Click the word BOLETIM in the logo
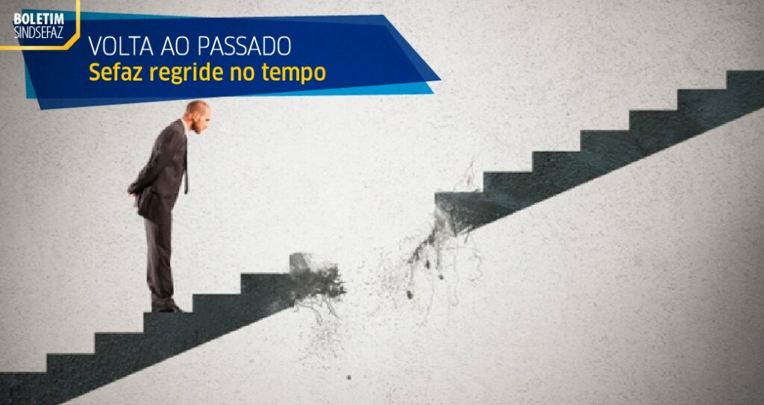coord(38,19)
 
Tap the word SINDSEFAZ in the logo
coord(38,31)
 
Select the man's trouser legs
coord(160,258)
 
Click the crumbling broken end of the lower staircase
coord(316,280)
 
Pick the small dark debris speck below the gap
coord(348,377)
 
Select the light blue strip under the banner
coord(229,90)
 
